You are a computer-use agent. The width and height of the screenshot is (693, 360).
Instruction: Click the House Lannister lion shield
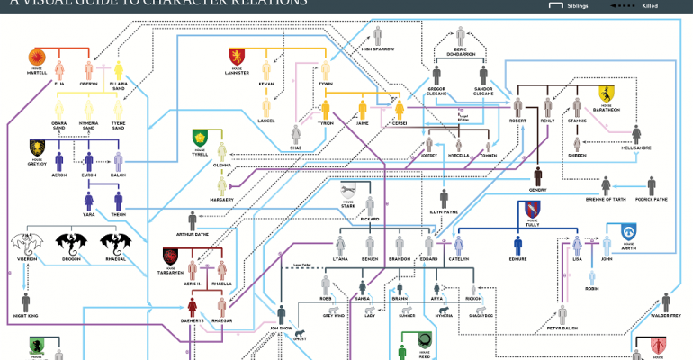(236, 57)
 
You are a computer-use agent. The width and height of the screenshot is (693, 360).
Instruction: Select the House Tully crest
(531, 210)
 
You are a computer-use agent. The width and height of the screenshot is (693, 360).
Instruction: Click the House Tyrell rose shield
(200, 138)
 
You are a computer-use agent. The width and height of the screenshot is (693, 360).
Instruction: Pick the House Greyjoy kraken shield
(37, 146)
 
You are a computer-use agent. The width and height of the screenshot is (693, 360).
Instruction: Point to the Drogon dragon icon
(71, 242)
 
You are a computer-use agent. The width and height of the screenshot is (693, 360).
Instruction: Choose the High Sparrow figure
(379, 35)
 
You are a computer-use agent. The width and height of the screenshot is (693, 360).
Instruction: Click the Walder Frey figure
(666, 302)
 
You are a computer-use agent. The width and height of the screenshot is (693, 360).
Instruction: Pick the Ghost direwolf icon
(297, 337)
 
